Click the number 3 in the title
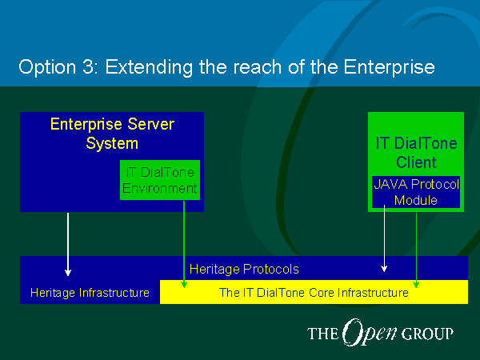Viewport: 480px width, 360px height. coord(90,66)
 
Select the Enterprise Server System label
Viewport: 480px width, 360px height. coord(112,134)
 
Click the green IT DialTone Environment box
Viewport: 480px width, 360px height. coord(160,180)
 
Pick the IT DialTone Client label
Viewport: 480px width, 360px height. coord(416,153)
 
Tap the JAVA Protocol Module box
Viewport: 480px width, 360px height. coord(416,192)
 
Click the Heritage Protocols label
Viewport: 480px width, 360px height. coord(244,270)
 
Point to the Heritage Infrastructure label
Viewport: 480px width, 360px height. coord(90,293)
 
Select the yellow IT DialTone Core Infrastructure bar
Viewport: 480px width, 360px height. coord(314,292)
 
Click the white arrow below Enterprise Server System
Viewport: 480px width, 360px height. coord(68,244)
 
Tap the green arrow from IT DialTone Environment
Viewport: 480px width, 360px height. coord(184,244)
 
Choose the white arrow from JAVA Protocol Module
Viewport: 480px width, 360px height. coord(384,238)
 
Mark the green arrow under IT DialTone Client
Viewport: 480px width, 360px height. coord(416,250)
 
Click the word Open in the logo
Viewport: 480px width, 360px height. coord(370,332)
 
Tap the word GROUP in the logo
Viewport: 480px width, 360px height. coord(427,334)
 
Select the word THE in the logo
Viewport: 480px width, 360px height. coord(322,334)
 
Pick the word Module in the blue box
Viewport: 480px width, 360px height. coord(416,200)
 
